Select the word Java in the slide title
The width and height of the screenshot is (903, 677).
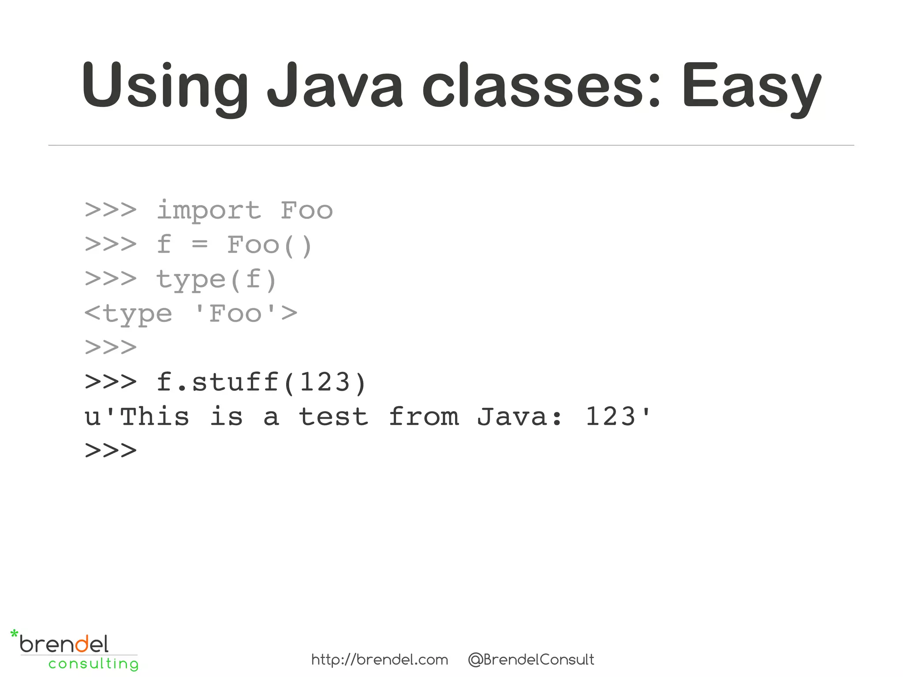pyautogui.click(x=335, y=85)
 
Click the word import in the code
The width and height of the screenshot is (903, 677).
pyautogui.click(x=209, y=211)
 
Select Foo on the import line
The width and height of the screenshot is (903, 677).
pyautogui.click(x=306, y=211)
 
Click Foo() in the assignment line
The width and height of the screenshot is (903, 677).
pyautogui.click(x=269, y=245)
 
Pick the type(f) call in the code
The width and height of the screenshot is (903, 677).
pyautogui.click(x=216, y=280)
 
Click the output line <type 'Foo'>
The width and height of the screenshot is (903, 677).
pyautogui.click(x=190, y=314)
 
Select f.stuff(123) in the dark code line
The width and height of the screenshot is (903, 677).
pyautogui.click(x=261, y=382)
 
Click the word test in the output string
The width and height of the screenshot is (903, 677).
pyautogui.click(x=334, y=417)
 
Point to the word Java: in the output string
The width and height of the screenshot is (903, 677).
pyautogui.click(x=520, y=417)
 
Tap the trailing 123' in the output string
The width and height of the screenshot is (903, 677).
pyautogui.click(x=617, y=417)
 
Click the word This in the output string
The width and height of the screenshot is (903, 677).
pyautogui.click(x=154, y=417)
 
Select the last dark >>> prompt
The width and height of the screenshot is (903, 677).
pyautogui.click(x=111, y=451)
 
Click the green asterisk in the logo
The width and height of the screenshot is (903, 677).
pyautogui.click(x=14, y=635)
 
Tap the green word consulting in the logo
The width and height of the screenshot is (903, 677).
pyautogui.click(x=93, y=664)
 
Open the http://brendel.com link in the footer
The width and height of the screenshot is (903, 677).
pyautogui.click(x=380, y=660)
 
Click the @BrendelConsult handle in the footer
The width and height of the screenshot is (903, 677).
pyautogui.click(x=531, y=660)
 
